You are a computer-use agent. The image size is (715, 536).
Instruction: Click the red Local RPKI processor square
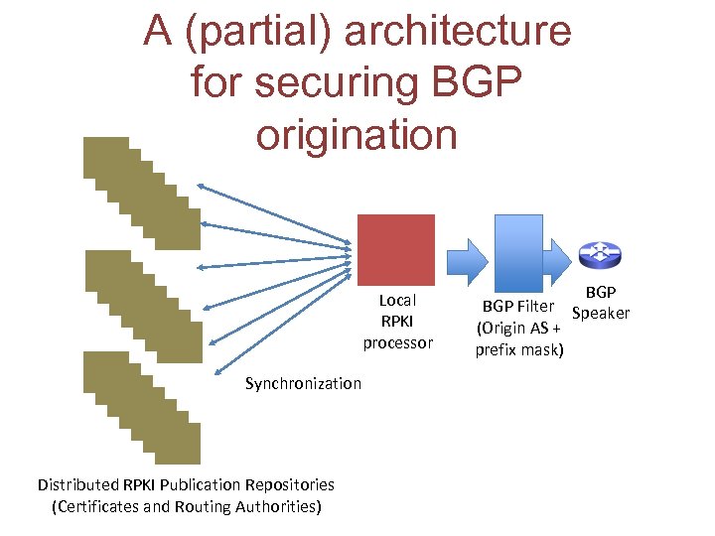point(395,250)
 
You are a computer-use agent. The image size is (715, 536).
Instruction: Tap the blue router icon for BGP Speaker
point(600,255)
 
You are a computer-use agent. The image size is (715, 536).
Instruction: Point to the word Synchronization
point(303,383)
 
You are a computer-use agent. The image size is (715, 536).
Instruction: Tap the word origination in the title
point(357,133)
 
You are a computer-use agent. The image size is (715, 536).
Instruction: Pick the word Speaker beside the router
point(601,314)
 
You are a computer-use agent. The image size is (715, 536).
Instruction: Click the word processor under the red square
point(397,342)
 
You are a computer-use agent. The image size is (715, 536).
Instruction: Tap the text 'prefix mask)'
point(519,349)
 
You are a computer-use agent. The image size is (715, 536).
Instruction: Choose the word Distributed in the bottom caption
point(76,484)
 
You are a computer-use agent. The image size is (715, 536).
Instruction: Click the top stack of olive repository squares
point(140,190)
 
